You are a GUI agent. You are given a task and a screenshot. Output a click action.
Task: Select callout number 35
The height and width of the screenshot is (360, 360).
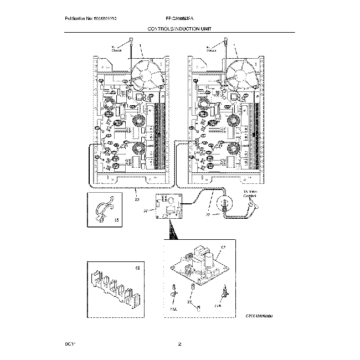click(x=116, y=220)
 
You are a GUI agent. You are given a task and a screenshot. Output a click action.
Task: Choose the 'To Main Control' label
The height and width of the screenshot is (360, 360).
click(x=251, y=194)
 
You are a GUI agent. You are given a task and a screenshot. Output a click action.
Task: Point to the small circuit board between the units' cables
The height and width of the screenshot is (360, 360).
click(x=168, y=207)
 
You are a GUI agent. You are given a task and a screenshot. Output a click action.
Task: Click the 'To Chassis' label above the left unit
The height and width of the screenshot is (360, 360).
click(x=117, y=49)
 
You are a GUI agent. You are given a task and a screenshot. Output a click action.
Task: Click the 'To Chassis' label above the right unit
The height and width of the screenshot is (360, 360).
click(x=212, y=49)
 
